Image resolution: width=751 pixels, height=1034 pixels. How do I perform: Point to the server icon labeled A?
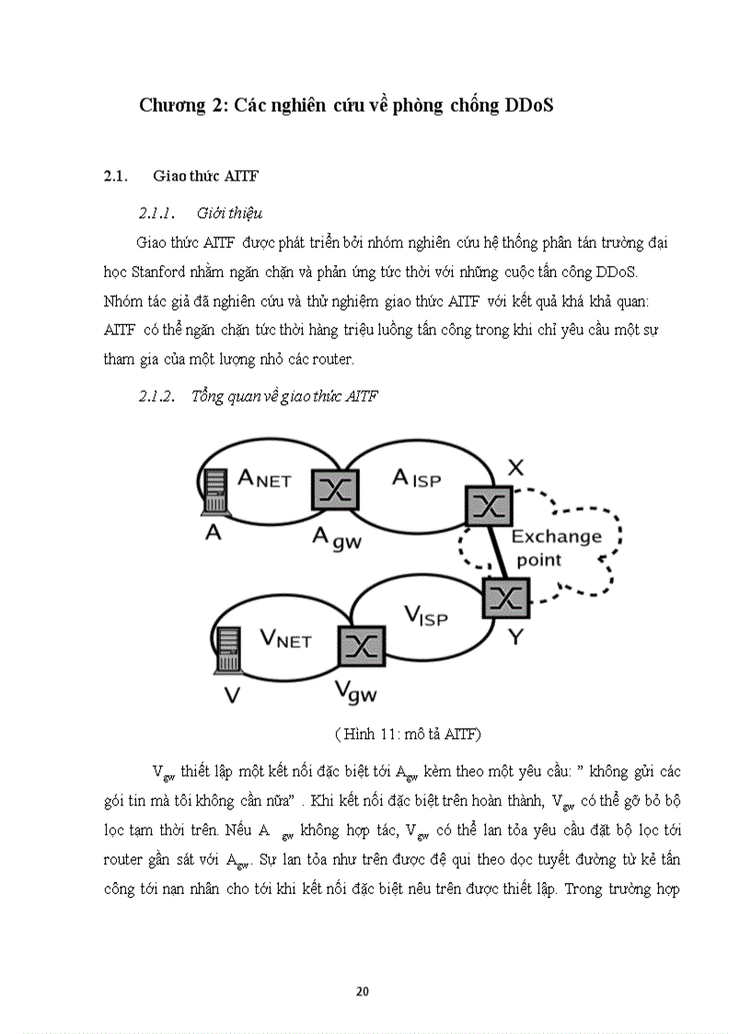(x=215, y=492)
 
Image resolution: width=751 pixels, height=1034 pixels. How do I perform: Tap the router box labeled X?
(x=489, y=504)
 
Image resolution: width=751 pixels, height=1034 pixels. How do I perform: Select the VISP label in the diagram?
(x=425, y=614)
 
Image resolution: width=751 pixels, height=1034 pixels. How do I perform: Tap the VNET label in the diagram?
(x=285, y=637)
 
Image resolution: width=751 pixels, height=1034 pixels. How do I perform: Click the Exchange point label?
(x=556, y=547)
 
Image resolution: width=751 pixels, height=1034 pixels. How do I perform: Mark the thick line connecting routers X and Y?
(x=498, y=552)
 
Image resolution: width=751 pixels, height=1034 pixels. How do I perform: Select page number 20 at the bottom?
(x=362, y=992)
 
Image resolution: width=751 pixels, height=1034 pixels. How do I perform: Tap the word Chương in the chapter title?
(x=172, y=105)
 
